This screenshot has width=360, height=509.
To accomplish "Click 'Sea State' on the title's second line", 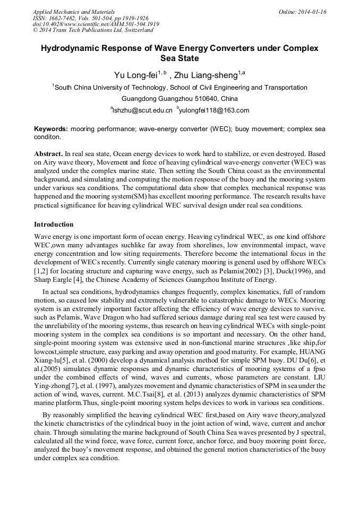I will tap(179, 58).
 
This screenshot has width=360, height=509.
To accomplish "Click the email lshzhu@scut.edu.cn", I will tap(142, 110).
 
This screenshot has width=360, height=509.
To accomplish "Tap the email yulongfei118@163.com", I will tap(215, 110).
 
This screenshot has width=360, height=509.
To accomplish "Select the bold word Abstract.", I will tap(49, 153).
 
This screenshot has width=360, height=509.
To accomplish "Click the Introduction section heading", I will tap(54, 225).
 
